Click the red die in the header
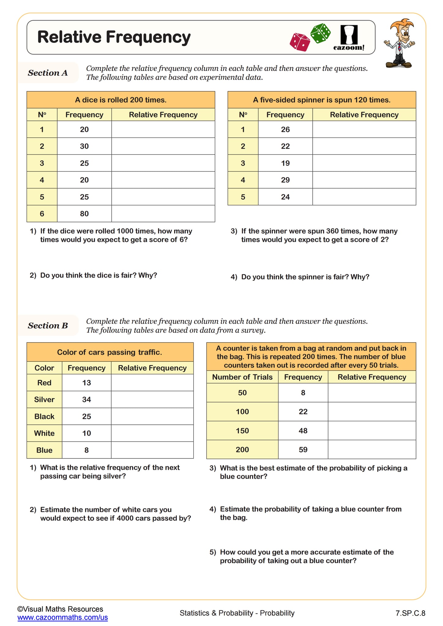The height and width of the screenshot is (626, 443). point(300,42)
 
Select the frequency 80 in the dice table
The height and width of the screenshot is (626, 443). point(84,214)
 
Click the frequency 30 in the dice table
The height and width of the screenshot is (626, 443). point(84,146)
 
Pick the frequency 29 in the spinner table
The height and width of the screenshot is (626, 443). point(285,180)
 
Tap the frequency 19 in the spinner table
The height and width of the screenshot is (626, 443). point(285,163)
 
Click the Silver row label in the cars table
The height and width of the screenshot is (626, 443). point(44,400)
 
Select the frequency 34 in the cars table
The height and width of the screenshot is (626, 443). point(87,400)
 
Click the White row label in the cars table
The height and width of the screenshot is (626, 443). point(44,433)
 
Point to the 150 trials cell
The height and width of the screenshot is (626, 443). point(242,431)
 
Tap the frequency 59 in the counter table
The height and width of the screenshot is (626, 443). point(303,450)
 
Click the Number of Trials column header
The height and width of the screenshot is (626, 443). point(242,377)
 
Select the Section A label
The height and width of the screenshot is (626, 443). point(48,73)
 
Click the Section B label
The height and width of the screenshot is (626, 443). point(48,326)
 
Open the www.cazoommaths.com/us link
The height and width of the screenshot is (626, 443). point(62,617)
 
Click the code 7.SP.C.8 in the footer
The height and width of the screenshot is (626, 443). point(410,613)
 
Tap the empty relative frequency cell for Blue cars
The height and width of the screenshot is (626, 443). point(152,450)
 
